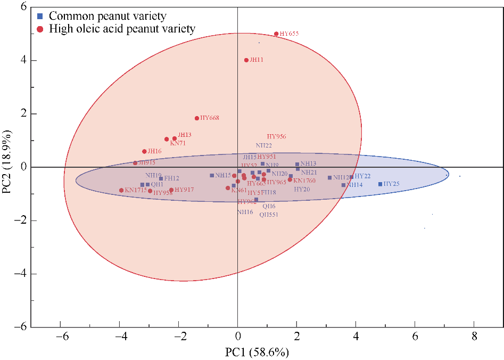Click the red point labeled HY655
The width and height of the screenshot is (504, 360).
point(276,34)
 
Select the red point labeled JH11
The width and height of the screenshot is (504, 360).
point(246,60)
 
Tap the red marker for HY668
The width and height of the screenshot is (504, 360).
point(197,118)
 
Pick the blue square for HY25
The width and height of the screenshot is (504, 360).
point(380,184)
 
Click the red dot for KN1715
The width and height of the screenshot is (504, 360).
point(121,190)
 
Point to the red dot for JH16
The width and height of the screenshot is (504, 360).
point(144,152)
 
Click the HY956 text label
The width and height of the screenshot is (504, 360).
point(276,137)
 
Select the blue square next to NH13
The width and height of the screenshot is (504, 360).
point(297,165)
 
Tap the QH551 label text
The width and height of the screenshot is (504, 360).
point(269,215)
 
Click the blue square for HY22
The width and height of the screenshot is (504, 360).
point(351,177)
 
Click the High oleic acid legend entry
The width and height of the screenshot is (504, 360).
point(122,29)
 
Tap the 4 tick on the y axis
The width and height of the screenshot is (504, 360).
point(24,60)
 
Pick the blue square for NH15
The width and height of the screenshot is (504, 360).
point(212,175)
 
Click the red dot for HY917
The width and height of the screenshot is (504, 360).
point(171,190)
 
